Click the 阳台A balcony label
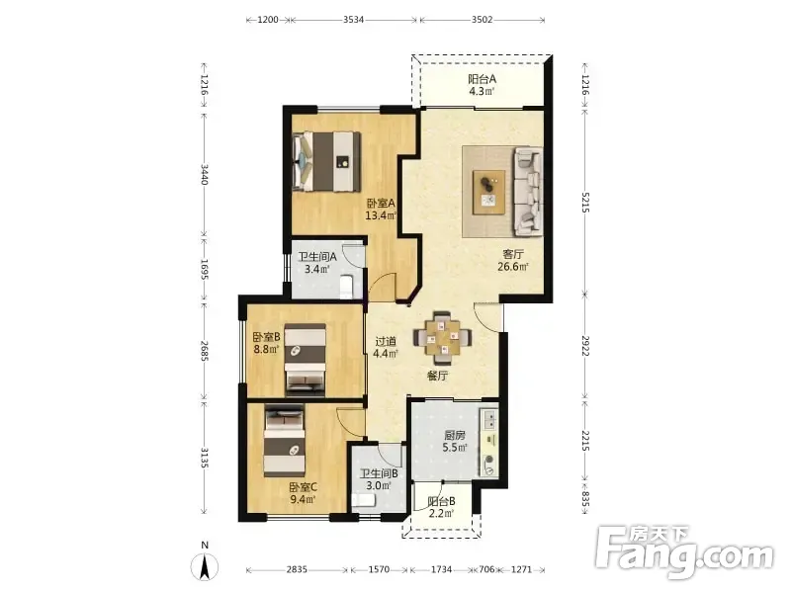pos(482,79)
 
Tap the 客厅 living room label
pos(513,254)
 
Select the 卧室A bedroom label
pos(381,204)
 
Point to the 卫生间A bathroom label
pos(317,257)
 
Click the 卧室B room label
pos(266,336)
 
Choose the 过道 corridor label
pos(386,341)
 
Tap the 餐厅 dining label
pos(437,376)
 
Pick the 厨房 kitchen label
pos(455,435)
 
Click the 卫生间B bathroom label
pos(379,474)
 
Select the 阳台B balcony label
pos(441,502)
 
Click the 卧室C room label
pos(303,487)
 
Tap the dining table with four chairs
pos(442,337)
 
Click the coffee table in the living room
pos(488,193)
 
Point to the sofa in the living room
pos(528,192)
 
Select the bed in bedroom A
pos(326,162)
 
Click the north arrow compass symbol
pos(205,567)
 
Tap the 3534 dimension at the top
pos(354,20)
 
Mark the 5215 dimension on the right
pos(584,202)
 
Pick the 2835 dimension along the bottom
pos(297,570)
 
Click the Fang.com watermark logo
pos(684,553)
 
